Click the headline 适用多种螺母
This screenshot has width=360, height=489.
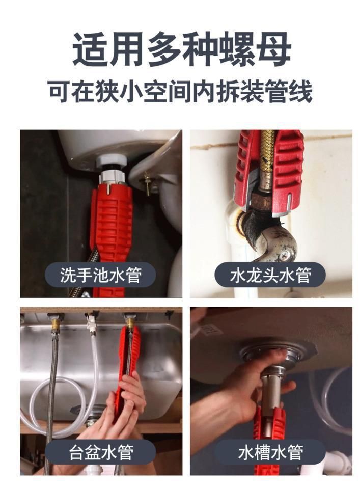click(182, 49)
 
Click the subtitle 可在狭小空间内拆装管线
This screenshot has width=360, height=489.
click(180, 92)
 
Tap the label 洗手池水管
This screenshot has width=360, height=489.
click(100, 275)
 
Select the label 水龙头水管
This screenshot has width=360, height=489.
click(270, 275)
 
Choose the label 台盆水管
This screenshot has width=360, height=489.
click(100, 452)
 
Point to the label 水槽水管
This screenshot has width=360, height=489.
click(270, 452)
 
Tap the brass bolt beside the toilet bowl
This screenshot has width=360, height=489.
click(147, 184)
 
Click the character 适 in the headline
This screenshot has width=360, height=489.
click(90, 49)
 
